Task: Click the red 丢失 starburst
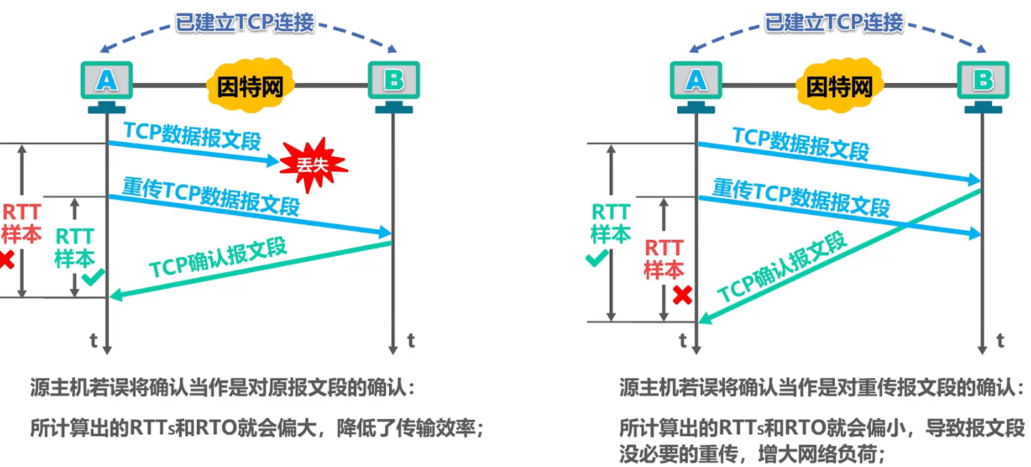313,164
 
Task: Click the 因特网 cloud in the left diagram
250,86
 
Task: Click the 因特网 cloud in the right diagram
839,86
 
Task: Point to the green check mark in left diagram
93,276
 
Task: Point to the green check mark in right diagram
597,258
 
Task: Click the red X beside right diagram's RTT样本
683,295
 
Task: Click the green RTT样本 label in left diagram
74,247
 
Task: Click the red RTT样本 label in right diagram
663,259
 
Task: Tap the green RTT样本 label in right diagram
610,223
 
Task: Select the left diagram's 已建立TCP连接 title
245,23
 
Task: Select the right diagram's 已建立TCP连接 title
834,23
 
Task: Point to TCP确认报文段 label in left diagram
218,258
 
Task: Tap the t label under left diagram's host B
411,340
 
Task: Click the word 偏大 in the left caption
297,428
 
